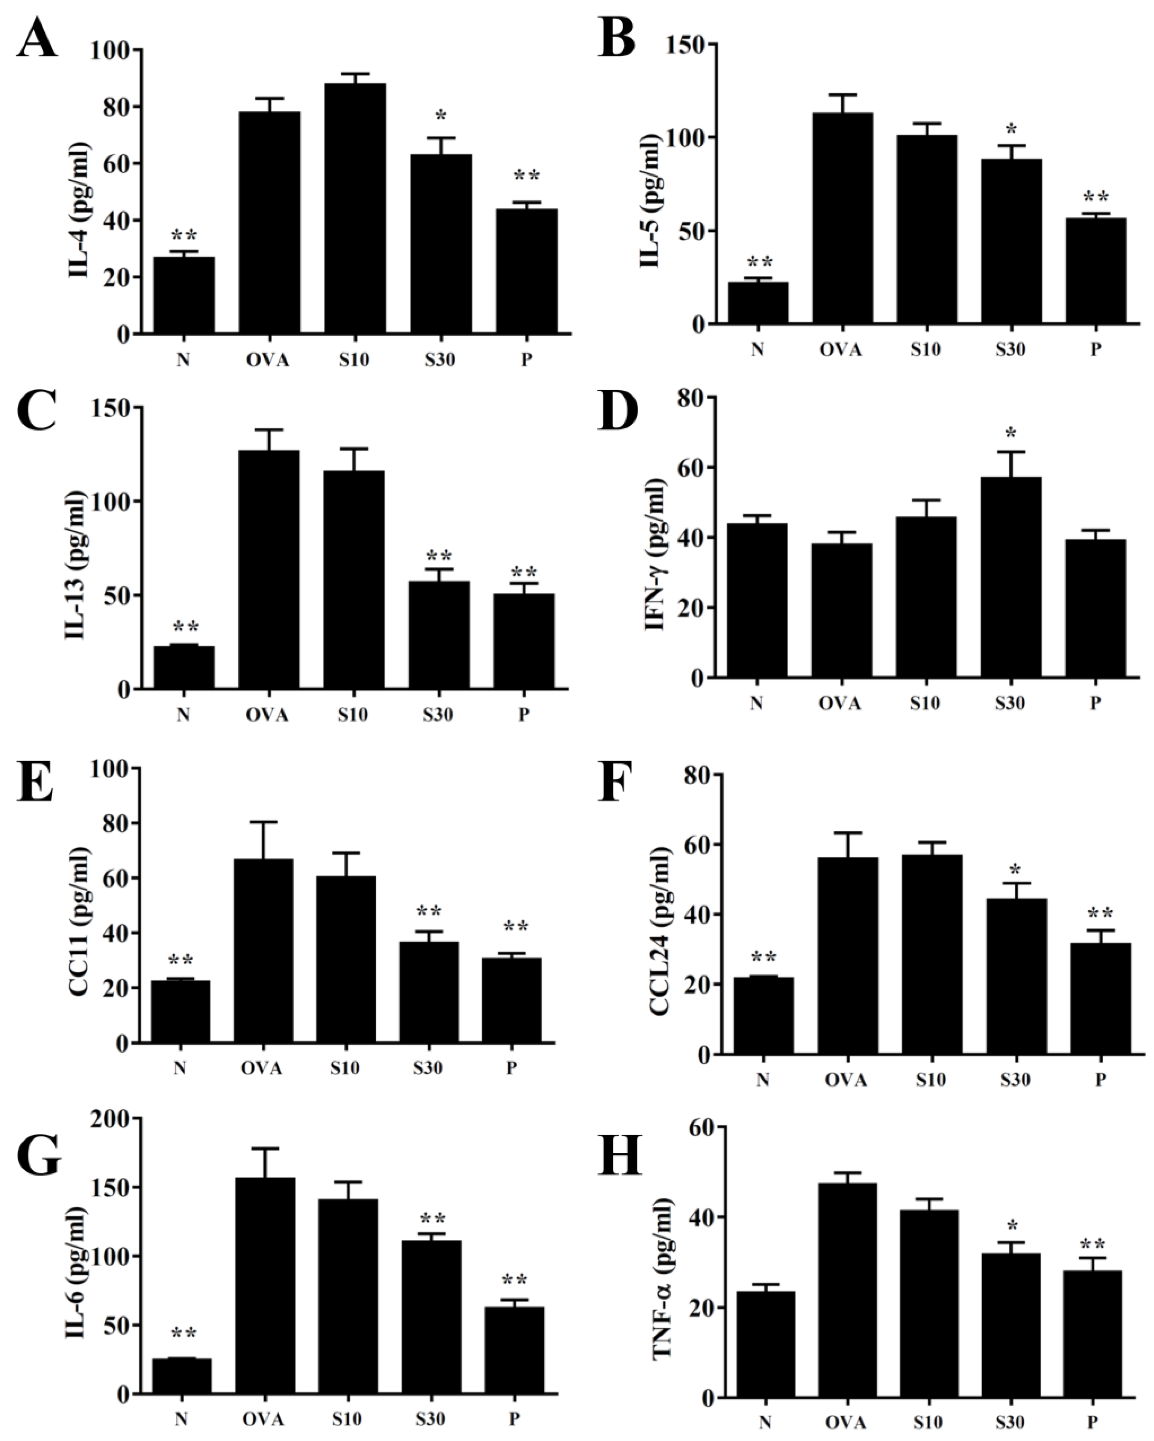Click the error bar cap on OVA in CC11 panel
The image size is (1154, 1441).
(x=263, y=822)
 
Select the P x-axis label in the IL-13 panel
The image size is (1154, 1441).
(x=523, y=715)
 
